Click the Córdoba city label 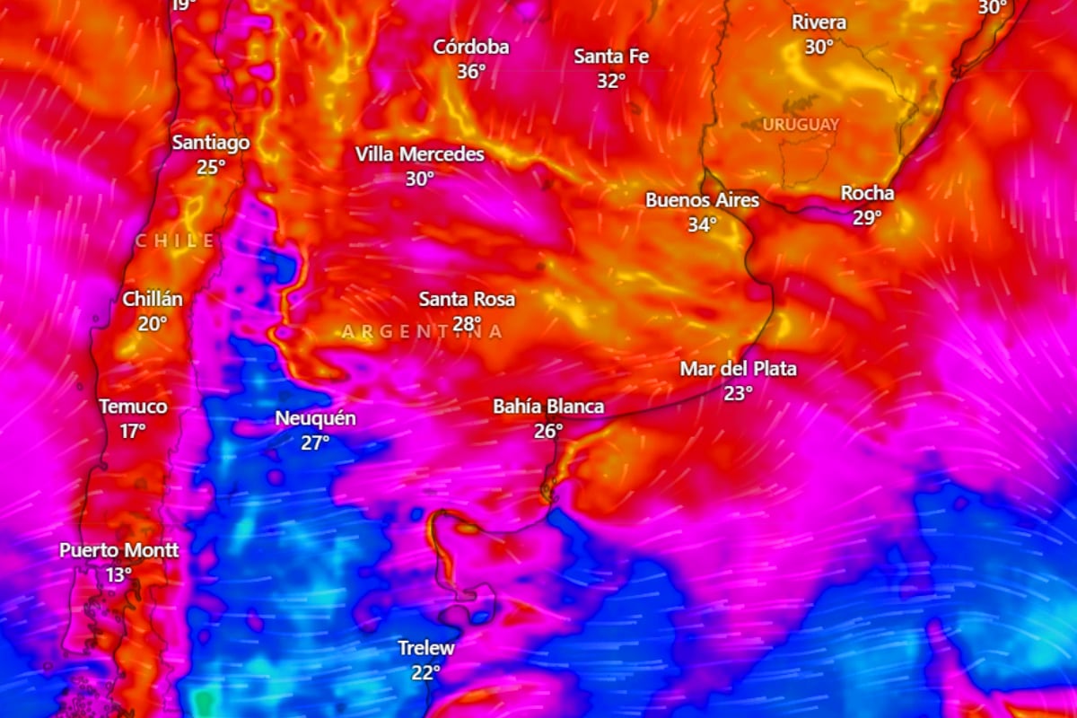(471, 48)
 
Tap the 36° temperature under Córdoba (471, 71)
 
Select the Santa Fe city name (611, 57)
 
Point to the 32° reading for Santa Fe (611, 81)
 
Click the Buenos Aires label (703, 200)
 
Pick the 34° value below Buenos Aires (703, 224)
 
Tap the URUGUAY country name (801, 124)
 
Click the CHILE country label (175, 241)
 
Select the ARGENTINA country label (422, 331)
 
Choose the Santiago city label (211, 143)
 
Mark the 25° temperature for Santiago (211, 167)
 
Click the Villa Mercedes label (419, 154)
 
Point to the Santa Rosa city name (467, 299)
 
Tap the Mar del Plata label (738, 369)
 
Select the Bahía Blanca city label (548, 407)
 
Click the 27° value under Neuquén (315, 442)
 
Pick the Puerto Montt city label (119, 550)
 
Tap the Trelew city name (426, 648)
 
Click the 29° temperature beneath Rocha (867, 217)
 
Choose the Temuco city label (133, 407)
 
